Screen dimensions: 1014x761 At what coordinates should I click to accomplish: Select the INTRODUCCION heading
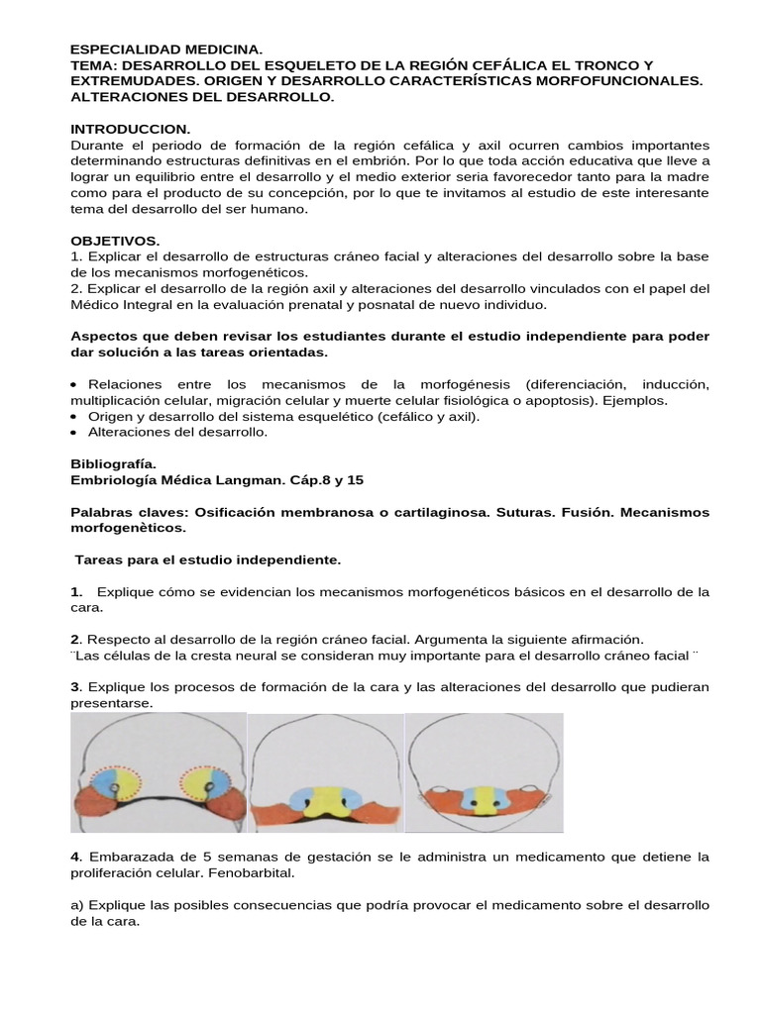tap(130, 129)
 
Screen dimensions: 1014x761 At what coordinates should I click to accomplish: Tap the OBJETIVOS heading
tap(115, 241)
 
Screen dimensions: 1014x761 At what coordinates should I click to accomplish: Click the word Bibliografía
tap(113, 462)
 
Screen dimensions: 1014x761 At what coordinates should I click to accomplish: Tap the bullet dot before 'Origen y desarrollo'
tap(76, 416)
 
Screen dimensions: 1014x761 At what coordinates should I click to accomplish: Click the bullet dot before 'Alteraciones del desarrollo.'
tap(76, 432)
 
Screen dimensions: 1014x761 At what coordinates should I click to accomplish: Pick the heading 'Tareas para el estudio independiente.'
tap(208, 559)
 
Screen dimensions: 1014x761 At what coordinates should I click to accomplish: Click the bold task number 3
tap(75, 686)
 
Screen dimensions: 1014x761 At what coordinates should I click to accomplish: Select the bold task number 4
tap(75, 856)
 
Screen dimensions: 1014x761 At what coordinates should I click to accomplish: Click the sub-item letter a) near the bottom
tap(78, 905)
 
